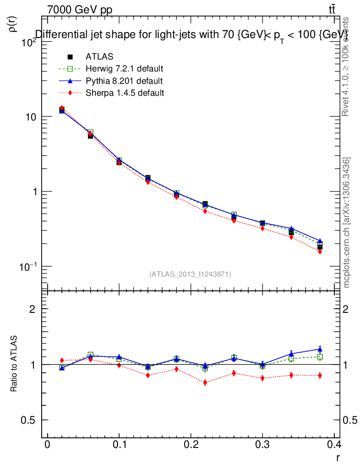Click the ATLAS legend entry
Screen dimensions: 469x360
(x=99, y=57)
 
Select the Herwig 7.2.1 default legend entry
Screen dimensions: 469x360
(x=124, y=69)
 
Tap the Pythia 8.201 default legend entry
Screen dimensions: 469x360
(x=124, y=81)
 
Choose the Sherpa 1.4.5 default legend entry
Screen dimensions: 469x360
(x=125, y=93)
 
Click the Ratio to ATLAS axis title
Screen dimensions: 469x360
(x=14, y=365)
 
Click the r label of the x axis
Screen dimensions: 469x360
(x=338, y=457)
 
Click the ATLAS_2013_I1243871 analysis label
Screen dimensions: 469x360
(x=190, y=274)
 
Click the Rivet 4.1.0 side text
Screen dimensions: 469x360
(x=346, y=66)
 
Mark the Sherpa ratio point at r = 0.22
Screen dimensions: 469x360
(x=205, y=382)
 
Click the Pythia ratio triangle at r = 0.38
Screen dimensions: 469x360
(x=320, y=349)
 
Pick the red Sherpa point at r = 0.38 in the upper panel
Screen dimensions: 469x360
(x=320, y=251)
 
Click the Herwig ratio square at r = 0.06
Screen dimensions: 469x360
(x=90, y=355)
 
